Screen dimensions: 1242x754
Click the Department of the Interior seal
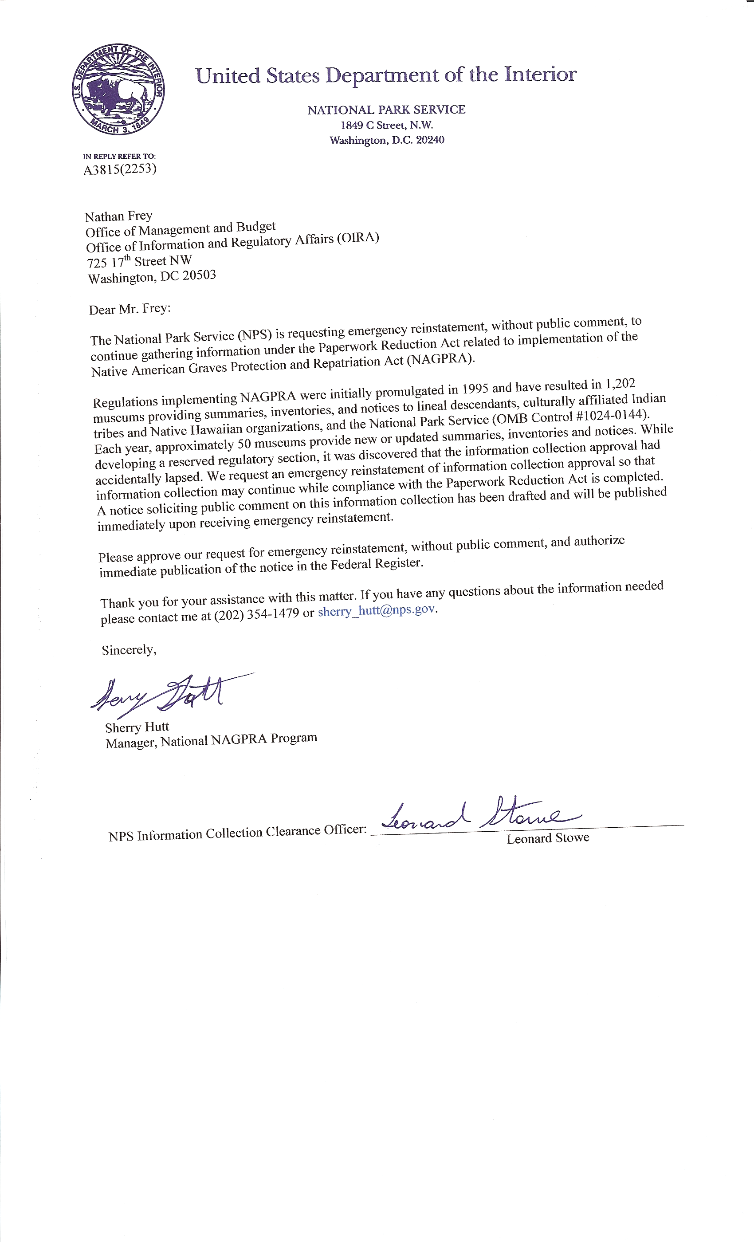118,89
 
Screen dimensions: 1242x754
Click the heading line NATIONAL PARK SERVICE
386,110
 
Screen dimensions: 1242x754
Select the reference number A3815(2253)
120,169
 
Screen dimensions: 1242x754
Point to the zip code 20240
430,140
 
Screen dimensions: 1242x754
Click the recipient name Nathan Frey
118,216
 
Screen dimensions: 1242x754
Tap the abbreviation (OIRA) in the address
358,238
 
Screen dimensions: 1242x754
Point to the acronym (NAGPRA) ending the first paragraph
440,359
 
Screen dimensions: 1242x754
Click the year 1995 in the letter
475,389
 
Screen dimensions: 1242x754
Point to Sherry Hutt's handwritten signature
161,695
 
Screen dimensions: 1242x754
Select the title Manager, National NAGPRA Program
211,740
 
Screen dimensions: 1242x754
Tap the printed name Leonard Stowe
548,838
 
